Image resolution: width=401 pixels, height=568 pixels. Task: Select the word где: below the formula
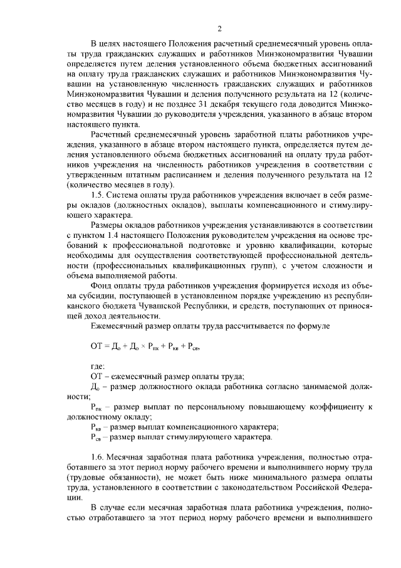pyautogui.click(x=99, y=365)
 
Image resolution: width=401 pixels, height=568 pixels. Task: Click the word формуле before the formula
pyautogui.click(x=305, y=326)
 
